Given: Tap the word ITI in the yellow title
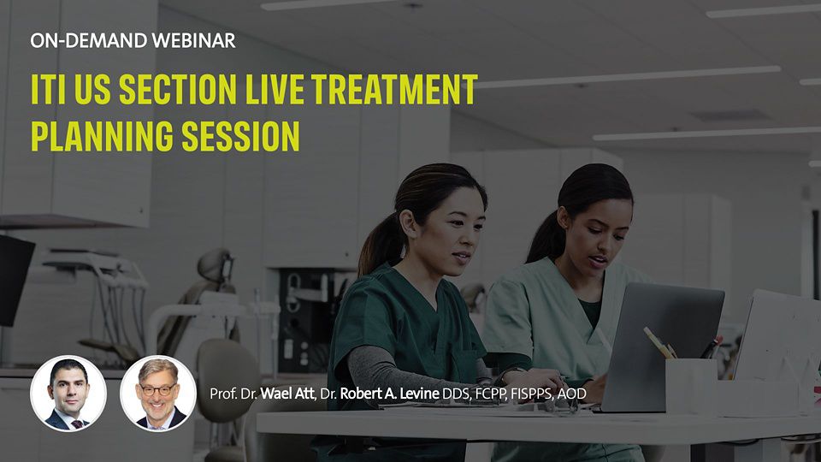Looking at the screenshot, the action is (48, 89).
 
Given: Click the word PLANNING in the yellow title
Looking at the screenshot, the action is (102, 136).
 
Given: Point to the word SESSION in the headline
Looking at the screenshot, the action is (241, 136).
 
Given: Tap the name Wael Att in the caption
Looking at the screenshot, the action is (287, 394).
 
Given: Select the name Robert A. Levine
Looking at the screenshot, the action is (389, 394).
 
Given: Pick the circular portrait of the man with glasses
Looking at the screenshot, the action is (158, 394).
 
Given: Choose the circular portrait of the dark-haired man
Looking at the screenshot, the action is (68, 394).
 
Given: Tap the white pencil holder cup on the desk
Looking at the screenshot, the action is (691, 386).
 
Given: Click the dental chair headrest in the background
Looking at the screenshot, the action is (216, 266).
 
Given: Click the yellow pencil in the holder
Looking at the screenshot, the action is (659, 342).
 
